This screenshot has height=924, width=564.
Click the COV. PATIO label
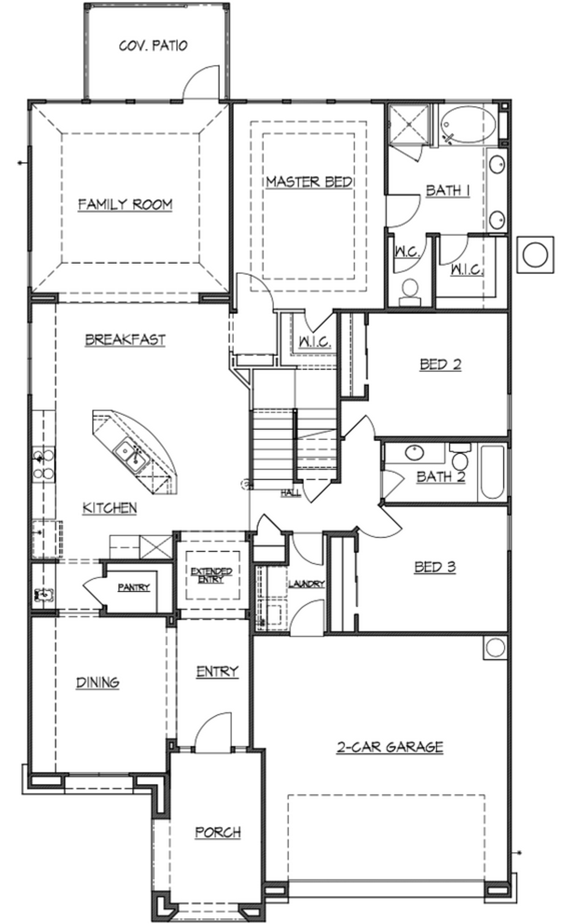click(x=153, y=45)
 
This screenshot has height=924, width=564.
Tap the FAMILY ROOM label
click(x=125, y=204)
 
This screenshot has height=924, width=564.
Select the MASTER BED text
click(x=309, y=181)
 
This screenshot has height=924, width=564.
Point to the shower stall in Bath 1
click(x=408, y=124)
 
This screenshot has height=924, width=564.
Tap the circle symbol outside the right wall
click(x=535, y=255)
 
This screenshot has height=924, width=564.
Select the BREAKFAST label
click(x=125, y=340)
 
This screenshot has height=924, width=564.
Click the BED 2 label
click(x=440, y=364)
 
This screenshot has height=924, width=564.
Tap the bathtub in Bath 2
click(x=492, y=473)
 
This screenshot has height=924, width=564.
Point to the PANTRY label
click(x=134, y=587)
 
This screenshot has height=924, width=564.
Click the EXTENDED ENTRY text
click(x=211, y=575)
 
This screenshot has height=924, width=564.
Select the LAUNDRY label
click(x=306, y=584)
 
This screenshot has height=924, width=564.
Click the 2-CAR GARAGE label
click(x=390, y=747)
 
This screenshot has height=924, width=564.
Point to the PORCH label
click(x=218, y=832)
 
